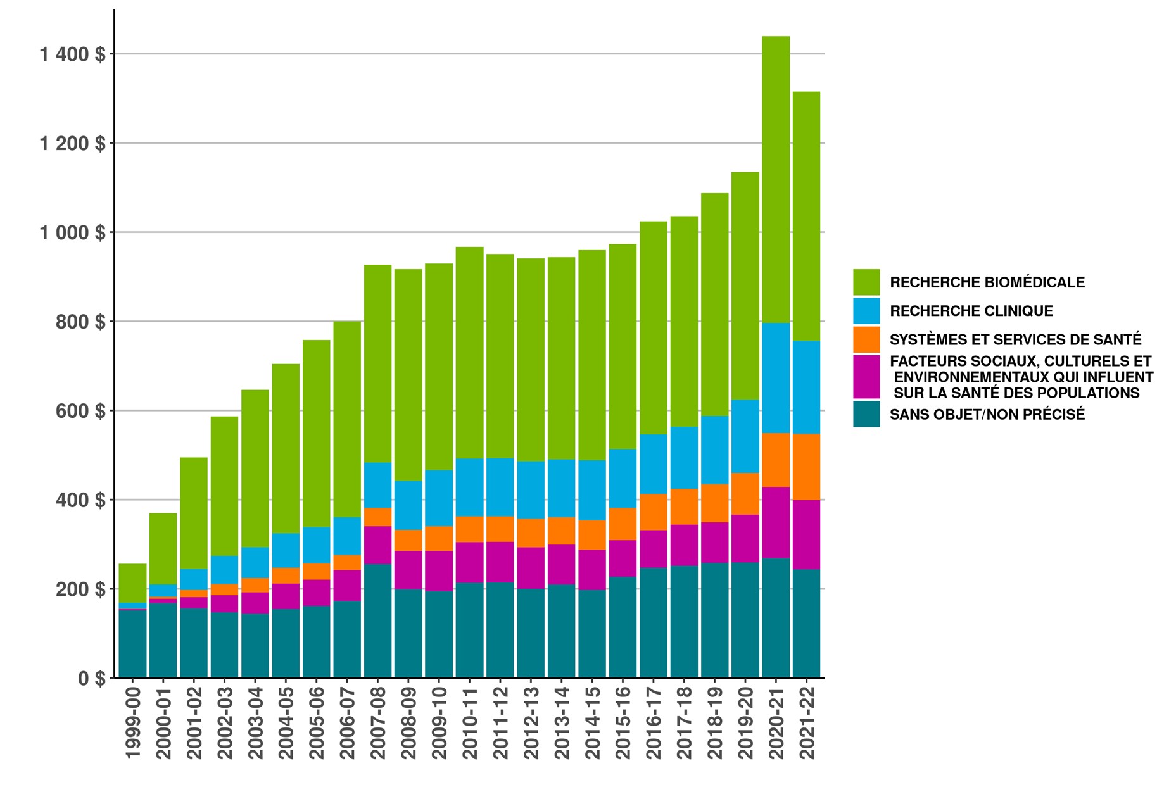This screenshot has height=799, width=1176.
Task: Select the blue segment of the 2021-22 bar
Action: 806,387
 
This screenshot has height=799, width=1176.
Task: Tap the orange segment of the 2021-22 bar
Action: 806,467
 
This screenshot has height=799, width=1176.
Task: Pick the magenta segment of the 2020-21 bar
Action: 775,522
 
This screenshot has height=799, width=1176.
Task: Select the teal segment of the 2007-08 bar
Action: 377,620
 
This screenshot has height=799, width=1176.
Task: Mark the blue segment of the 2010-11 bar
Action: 469,487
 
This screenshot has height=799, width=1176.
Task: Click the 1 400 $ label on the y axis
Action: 73,54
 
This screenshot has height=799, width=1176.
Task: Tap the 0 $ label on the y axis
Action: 91,679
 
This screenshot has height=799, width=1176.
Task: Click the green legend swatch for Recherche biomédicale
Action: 866,282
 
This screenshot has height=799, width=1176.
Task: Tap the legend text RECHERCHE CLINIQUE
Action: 971,311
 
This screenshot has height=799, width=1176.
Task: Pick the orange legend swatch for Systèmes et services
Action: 866,339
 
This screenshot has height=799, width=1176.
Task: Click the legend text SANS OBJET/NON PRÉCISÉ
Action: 987,415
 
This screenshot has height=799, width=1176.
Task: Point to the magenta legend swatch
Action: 866,377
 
